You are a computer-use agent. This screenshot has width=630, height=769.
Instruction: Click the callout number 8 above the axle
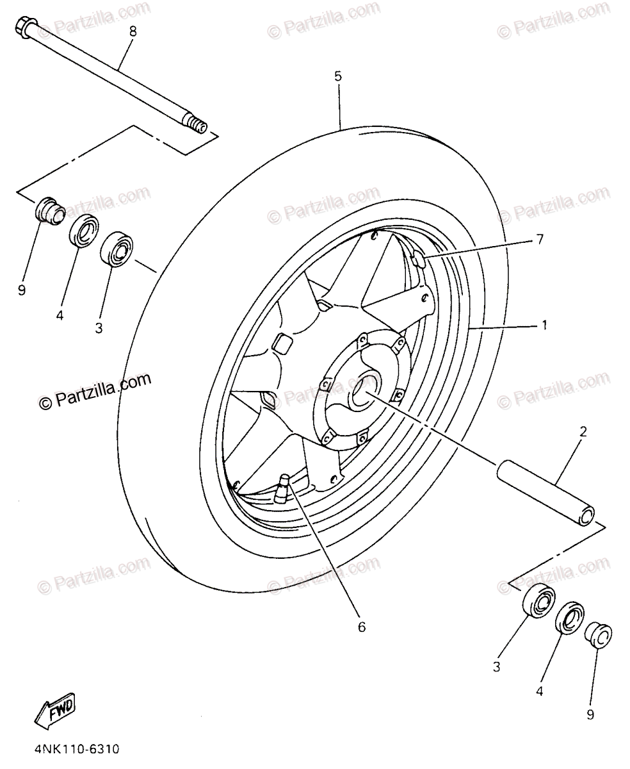[x=133, y=30]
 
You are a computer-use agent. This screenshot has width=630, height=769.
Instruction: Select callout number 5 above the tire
[x=337, y=76]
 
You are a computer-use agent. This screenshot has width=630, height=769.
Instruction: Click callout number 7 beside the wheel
[x=539, y=239]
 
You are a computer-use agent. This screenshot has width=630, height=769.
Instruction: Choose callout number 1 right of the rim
[x=544, y=326]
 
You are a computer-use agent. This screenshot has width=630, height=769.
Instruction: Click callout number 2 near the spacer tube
[x=583, y=431]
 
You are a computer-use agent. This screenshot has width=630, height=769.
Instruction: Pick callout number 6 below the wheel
[x=361, y=627]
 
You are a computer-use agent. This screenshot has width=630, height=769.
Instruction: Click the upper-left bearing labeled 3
[x=117, y=248]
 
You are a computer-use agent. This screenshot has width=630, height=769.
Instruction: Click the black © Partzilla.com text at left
[x=95, y=392]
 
